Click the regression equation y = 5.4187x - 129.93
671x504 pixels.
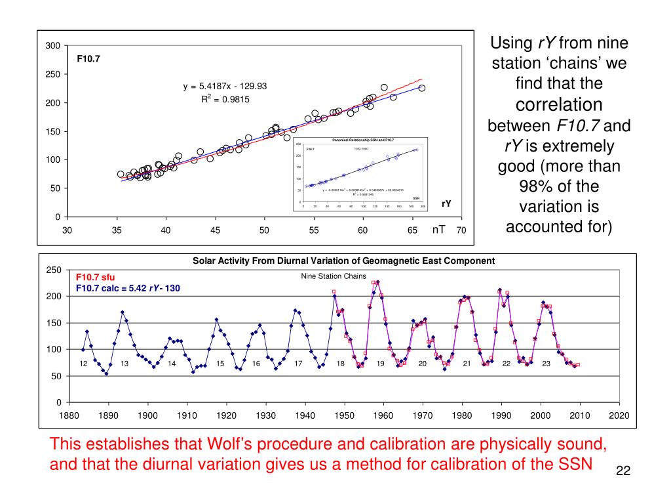tap(225, 86)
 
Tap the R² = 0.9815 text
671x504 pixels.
tap(225, 99)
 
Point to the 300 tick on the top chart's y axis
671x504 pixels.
tap(53, 46)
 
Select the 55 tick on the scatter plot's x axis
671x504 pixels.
tap(314, 230)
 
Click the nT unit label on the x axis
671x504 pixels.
tap(438, 229)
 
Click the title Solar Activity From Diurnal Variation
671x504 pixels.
tap(343, 261)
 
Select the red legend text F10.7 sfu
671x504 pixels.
tap(95, 277)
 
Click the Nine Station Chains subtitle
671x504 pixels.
tap(333, 276)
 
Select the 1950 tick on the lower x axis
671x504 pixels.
tap(344, 415)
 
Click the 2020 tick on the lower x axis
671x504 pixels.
tap(619, 415)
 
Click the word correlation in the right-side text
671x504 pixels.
tap(559, 104)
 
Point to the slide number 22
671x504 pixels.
tap(623, 472)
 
